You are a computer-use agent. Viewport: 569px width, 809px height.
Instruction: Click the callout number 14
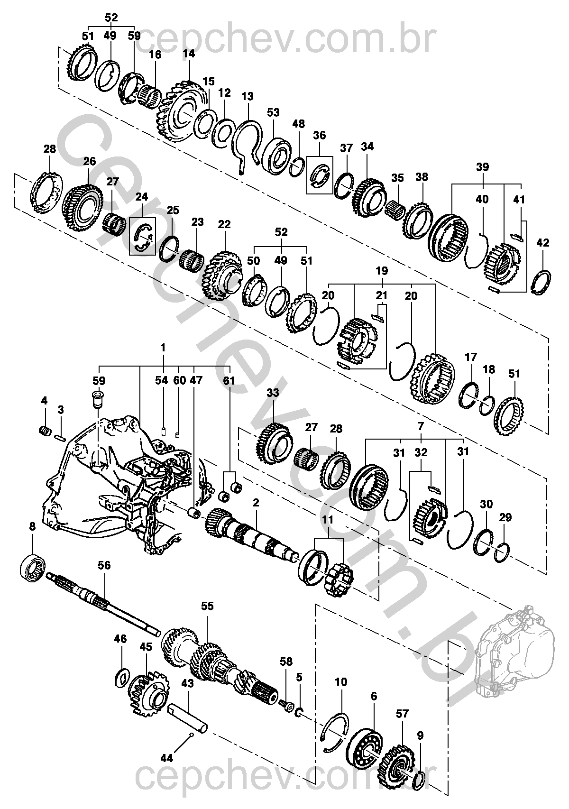pyautogui.click(x=188, y=54)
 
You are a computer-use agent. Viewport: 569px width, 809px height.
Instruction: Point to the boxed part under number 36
pyautogui.click(x=320, y=175)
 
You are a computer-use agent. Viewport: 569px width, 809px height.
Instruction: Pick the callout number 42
pyautogui.click(x=542, y=243)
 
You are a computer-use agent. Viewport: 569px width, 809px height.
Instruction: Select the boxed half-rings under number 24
pyautogui.click(x=143, y=236)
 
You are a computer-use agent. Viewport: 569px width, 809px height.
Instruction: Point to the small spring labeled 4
pyautogui.click(x=44, y=431)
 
